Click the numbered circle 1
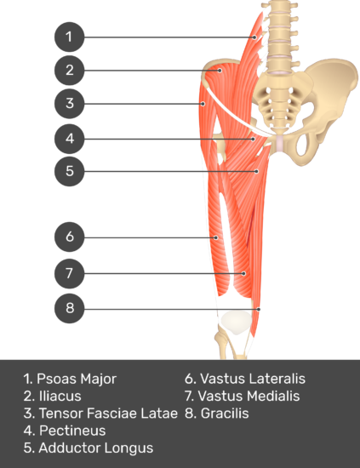69,37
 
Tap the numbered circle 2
69,70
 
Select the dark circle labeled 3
69,103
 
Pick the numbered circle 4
69,139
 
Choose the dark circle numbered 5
69,171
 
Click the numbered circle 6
69,237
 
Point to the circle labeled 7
69,273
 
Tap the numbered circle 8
69,308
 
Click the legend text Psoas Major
77,379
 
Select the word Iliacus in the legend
60,396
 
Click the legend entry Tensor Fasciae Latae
108,414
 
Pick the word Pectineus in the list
72,431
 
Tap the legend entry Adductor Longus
96,448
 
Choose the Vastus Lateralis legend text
253,379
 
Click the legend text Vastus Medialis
249,396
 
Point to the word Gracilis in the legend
225,414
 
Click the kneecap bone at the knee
236,322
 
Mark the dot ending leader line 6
216,237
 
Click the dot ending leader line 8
259,309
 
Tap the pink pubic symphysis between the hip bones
279,142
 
